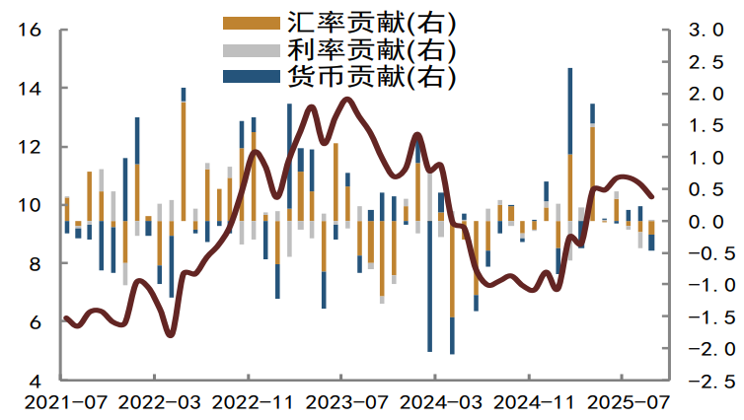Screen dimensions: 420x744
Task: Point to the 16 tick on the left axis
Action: pos(29,31)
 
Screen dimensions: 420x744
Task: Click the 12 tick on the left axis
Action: pos(29,147)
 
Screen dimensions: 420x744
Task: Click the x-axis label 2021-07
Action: pos(60,402)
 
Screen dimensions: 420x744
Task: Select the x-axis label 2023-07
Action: pos(341,402)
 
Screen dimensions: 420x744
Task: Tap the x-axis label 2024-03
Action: pos(435,402)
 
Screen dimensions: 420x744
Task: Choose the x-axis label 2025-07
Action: pos(623,402)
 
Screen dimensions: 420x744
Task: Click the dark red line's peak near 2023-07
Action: pos(346,99)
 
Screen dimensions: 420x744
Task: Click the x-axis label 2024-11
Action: pos(529,402)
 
